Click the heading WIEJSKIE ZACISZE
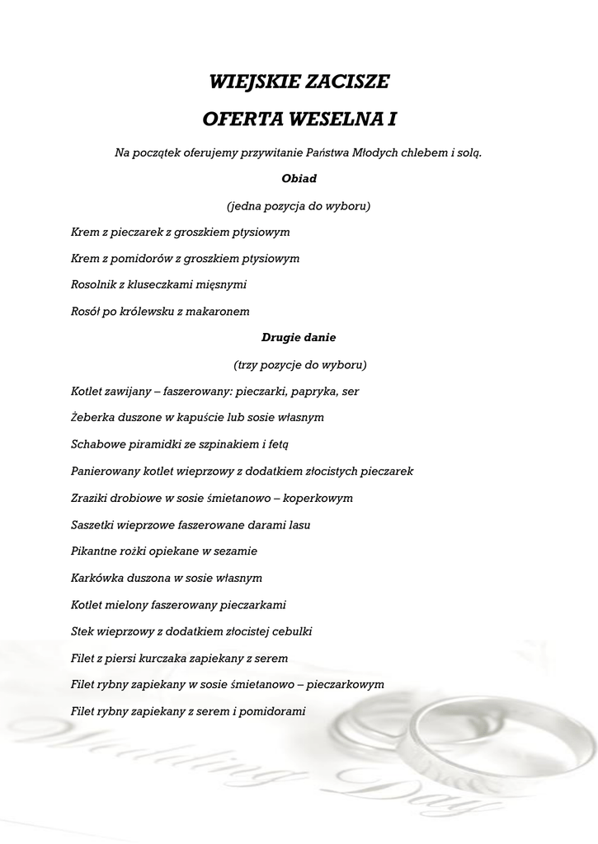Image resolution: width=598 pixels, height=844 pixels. (299, 82)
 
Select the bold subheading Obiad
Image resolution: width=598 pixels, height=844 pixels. (299, 178)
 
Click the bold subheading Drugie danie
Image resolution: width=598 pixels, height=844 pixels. (299, 337)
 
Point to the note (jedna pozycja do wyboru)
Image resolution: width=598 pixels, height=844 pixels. (299, 205)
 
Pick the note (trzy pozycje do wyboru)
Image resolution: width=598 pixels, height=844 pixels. (299, 364)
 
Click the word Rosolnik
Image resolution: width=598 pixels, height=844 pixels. (97, 284)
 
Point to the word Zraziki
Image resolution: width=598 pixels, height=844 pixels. (92, 498)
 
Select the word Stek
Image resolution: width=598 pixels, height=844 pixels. (83, 631)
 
